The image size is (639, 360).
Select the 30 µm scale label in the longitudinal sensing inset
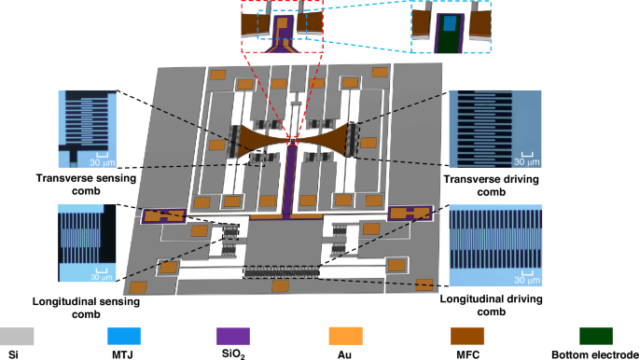[101, 276]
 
